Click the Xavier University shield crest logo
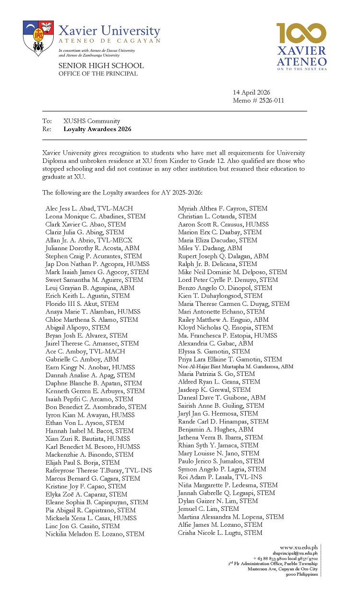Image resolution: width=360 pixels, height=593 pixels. [38, 38]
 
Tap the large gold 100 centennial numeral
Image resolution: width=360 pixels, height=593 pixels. [301, 34]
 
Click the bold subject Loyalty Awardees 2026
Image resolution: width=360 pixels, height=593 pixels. [97, 129]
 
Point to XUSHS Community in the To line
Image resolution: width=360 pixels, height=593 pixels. [92, 121]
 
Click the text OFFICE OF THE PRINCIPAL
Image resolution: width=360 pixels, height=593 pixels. [98, 73]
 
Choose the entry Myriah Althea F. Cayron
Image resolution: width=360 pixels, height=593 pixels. [223, 209]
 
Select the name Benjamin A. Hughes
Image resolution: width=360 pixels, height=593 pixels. [216, 430]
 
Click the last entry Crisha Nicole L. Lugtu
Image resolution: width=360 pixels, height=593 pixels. [220, 533]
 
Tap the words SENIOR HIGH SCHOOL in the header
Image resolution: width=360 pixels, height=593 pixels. [101, 65]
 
